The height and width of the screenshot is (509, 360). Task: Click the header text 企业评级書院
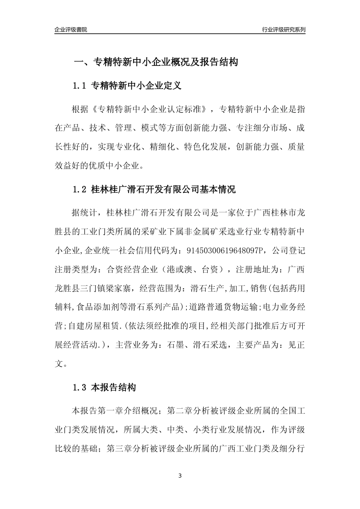71,30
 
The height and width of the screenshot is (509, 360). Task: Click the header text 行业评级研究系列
283,30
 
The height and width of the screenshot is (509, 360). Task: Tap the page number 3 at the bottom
180,476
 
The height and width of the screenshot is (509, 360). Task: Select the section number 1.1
80,86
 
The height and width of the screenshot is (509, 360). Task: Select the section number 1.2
80,189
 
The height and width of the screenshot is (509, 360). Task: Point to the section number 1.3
80,388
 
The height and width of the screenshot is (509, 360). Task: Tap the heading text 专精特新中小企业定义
136,86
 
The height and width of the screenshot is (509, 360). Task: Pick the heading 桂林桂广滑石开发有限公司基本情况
163,189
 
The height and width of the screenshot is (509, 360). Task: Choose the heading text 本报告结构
113,388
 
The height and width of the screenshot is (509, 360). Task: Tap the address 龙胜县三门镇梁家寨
94,288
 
